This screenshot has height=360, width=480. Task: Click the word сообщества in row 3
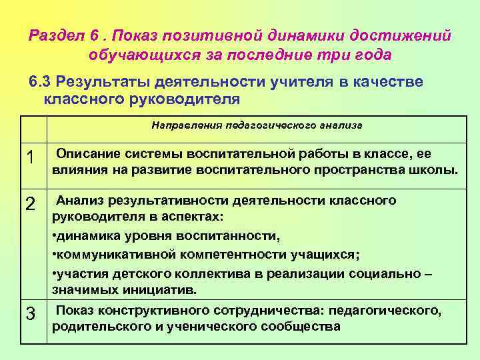(303, 327)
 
